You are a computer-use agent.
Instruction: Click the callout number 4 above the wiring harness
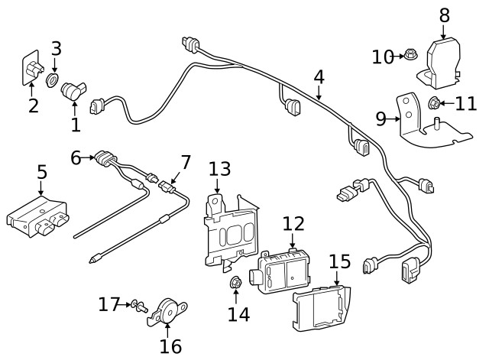(319, 77)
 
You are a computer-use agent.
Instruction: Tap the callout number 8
(445, 15)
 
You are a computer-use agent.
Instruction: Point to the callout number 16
(170, 345)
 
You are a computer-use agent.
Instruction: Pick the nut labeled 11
(432, 103)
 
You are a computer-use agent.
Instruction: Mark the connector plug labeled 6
(106, 159)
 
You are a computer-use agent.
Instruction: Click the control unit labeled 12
(285, 268)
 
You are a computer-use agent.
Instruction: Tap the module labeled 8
(441, 60)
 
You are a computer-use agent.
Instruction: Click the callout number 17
(109, 305)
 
